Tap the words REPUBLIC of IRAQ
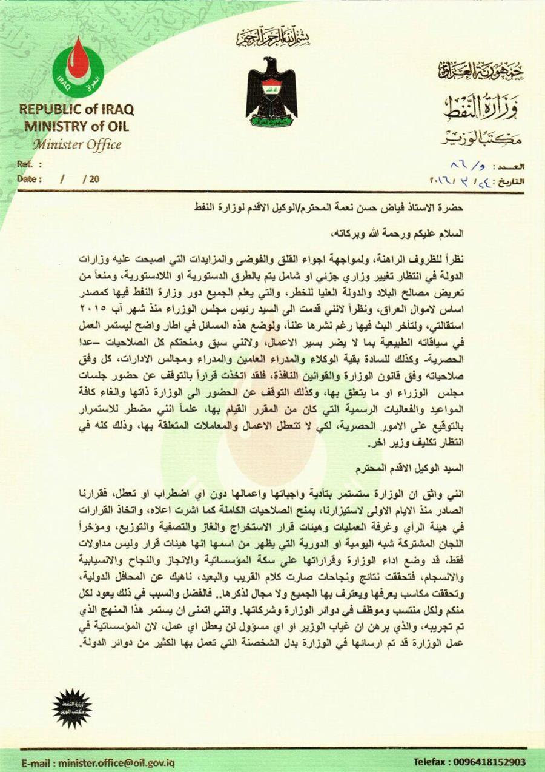click(76, 110)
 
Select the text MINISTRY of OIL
click(76, 126)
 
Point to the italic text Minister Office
click(76, 144)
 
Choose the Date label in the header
click(29, 179)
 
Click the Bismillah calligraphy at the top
click(272, 38)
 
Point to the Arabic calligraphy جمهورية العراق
click(481, 72)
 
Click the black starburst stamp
click(71, 708)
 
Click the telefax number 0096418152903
click(470, 762)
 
